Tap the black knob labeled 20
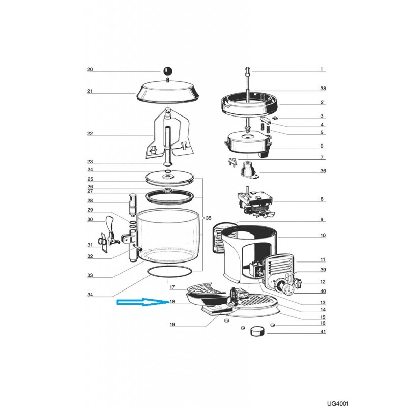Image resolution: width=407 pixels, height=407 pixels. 167,70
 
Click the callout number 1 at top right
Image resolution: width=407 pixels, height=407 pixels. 322,69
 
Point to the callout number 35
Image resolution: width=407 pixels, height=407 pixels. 208,218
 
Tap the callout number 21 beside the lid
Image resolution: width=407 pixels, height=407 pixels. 90,92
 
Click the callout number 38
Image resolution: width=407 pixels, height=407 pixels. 323,89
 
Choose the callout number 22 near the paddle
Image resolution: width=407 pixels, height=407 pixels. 90,134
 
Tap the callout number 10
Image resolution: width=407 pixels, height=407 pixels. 322,236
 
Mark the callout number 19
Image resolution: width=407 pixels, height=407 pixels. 172,324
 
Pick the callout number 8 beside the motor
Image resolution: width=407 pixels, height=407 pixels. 322,199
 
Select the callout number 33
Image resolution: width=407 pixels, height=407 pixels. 90,276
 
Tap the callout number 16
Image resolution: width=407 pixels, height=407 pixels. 323,323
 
